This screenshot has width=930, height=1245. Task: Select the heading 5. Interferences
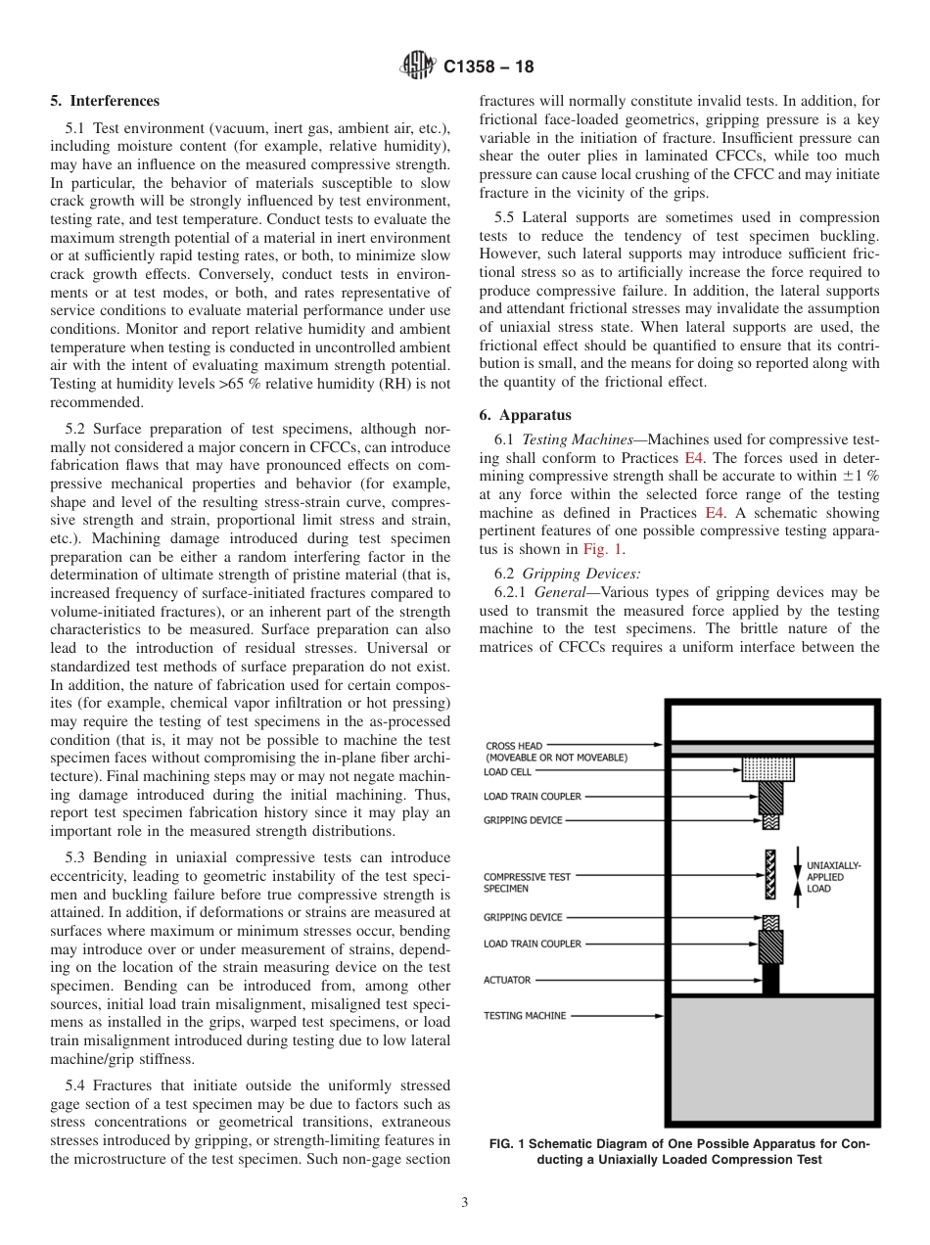(x=105, y=101)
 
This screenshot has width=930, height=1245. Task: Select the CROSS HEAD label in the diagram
(x=513, y=746)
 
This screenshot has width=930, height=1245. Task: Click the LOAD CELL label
(x=508, y=771)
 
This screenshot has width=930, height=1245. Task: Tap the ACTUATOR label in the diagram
(x=507, y=980)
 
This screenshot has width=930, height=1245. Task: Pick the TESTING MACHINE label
(x=525, y=1015)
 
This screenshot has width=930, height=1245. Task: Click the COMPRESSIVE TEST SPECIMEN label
(x=527, y=883)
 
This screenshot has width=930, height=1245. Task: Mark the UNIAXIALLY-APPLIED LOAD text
(x=833, y=877)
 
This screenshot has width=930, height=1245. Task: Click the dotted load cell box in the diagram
(x=768, y=769)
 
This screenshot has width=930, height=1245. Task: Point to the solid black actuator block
(x=770, y=980)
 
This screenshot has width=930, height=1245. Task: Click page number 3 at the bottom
(x=464, y=1203)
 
